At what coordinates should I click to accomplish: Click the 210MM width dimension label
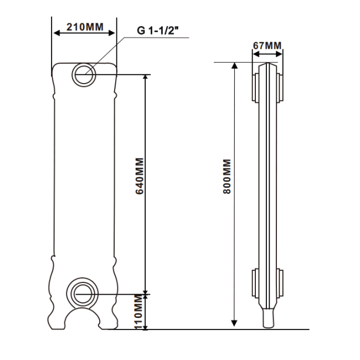(x=85, y=27)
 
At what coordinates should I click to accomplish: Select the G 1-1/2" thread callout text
(x=158, y=30)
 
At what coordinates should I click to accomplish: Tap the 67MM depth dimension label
(x=267, y=45)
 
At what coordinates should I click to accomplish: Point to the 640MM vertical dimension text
(x=140, y=176)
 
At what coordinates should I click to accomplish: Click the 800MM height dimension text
(x=227, y=176)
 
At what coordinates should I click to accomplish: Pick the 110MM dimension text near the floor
(x=138, y=312)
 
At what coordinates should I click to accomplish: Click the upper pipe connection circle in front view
(x=84, y=75)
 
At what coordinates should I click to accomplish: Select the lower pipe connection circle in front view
(x=83, y=294)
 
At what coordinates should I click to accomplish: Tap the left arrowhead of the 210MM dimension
(x=56, y=33)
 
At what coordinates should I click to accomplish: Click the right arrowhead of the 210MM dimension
(x=111, y=33)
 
